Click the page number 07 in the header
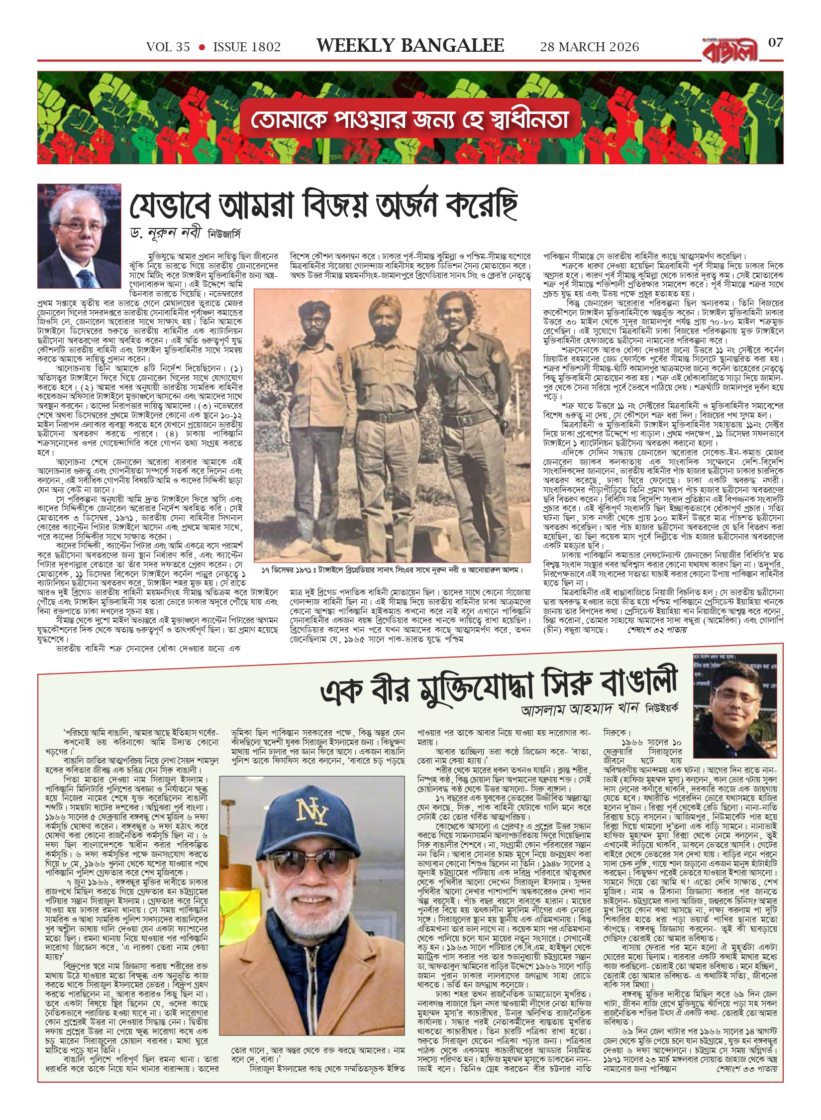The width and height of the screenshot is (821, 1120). (x=775, y=43)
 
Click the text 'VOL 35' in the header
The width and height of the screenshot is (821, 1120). (x=168, y=47)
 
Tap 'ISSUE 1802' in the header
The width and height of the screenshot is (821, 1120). (x=247, y=47)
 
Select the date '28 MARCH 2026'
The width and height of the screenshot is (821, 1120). (x=590, y=47)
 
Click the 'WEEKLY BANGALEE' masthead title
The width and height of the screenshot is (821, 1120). (x=410, y=46)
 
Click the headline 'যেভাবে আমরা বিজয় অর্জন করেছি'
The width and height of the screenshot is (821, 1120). (x=323, y=205)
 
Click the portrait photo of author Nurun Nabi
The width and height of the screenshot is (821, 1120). (x=79, y=236)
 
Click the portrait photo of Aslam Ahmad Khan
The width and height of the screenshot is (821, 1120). (x=735, y=705)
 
